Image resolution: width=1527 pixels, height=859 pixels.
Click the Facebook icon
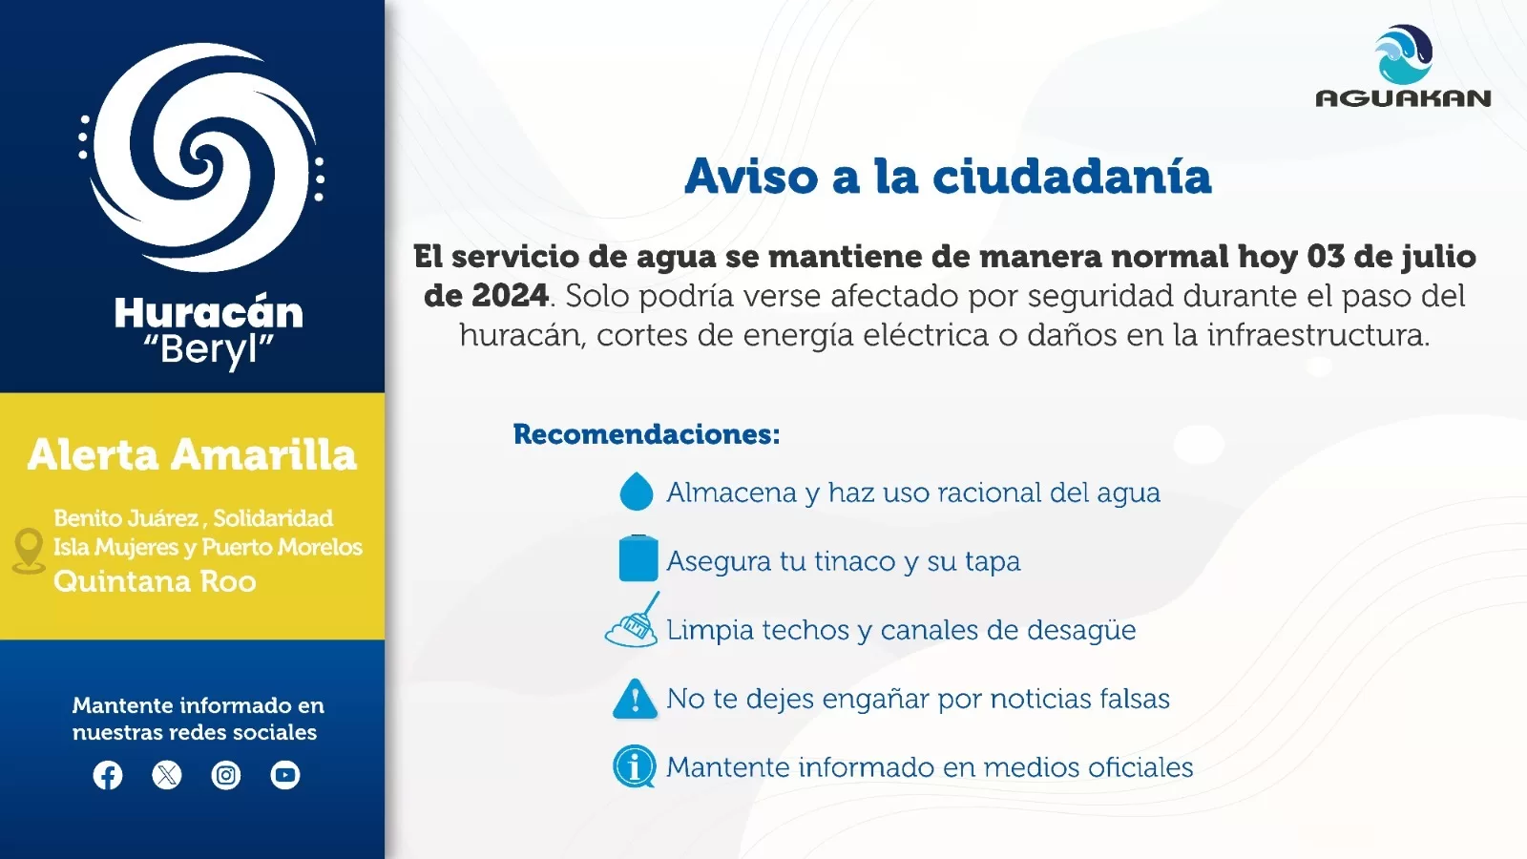[x=108, y=775]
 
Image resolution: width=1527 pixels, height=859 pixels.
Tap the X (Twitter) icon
[x=167, y=775]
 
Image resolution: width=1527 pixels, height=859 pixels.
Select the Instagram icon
[x=225, y=775]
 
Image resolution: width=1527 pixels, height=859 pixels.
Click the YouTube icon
[x=285, y=775]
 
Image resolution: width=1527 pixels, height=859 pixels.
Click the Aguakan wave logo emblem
[x=1403, y=54]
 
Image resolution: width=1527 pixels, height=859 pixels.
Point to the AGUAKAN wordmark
[x=1403, y=98]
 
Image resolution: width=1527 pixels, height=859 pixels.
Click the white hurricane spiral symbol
[x=202, y=157]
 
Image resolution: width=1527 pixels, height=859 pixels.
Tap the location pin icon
[x=29, y=551]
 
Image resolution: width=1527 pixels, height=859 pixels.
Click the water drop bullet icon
[x=636, y=491]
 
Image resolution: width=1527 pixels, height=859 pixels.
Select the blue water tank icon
[x=638, y=558]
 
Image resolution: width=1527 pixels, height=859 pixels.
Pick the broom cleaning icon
[x=633, y=620]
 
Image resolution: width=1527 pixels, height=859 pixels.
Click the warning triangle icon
[x=635, y=699]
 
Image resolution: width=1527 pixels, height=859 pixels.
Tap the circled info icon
[x=634, y=766]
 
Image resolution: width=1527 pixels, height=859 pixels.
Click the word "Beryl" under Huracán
[x=209, y=350]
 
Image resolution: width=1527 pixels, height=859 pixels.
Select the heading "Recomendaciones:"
[x=646, y=434]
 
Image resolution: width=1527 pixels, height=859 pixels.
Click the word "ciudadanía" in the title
[x=1072, y=177]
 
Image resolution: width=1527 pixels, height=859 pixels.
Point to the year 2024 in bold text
[x=510, y=296]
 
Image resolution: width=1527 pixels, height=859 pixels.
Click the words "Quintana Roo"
[x=155, y=581]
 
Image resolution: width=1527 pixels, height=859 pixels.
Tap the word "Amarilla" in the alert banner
[x=263, y=454]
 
